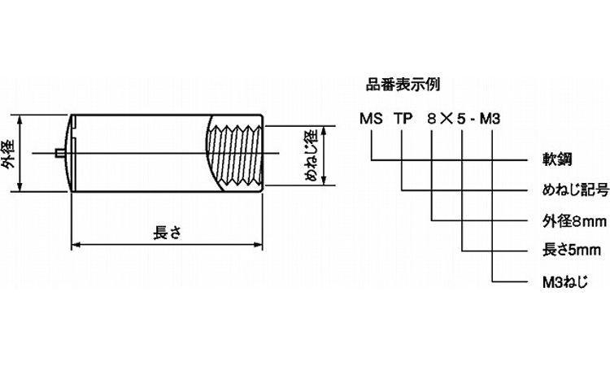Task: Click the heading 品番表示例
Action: click(399, 83)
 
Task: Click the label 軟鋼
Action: click(554, 159)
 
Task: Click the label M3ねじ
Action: click(564, 281)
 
